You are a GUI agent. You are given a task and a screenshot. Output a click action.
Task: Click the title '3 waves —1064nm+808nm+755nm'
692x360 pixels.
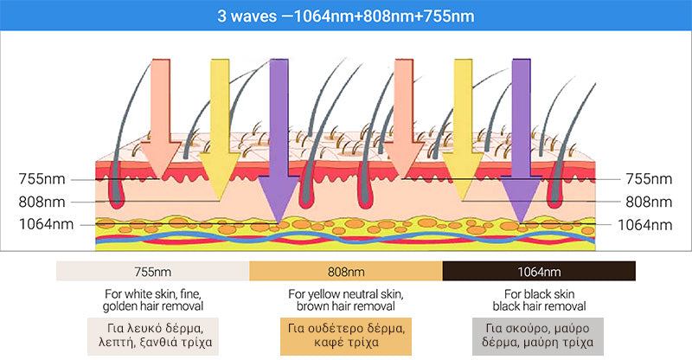(346, 16)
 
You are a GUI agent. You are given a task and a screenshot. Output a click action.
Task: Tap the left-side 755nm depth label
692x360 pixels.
(42, 179)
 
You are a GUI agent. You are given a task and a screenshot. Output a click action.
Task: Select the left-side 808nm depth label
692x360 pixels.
(42, 202)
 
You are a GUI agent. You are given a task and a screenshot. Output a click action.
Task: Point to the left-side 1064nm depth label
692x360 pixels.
(38, 224)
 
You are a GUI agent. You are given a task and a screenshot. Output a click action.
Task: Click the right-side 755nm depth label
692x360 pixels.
(649, 179)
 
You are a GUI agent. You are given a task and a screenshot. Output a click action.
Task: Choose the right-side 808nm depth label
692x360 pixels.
(649, 202)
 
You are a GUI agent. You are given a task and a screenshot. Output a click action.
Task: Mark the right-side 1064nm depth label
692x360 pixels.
(644, 224)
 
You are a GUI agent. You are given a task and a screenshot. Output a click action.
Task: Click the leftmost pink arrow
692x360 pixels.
(160, 112)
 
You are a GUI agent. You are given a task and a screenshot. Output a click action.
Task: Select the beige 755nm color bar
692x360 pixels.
(152, 271)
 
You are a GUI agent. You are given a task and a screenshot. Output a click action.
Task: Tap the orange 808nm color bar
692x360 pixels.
(346, 271)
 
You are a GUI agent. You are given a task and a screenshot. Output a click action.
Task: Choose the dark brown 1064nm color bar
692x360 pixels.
(539, 271)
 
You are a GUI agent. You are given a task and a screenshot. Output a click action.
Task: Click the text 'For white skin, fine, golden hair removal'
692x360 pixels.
(152, 300)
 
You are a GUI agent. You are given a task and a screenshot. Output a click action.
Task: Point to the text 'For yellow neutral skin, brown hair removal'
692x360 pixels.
(346, 300)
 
